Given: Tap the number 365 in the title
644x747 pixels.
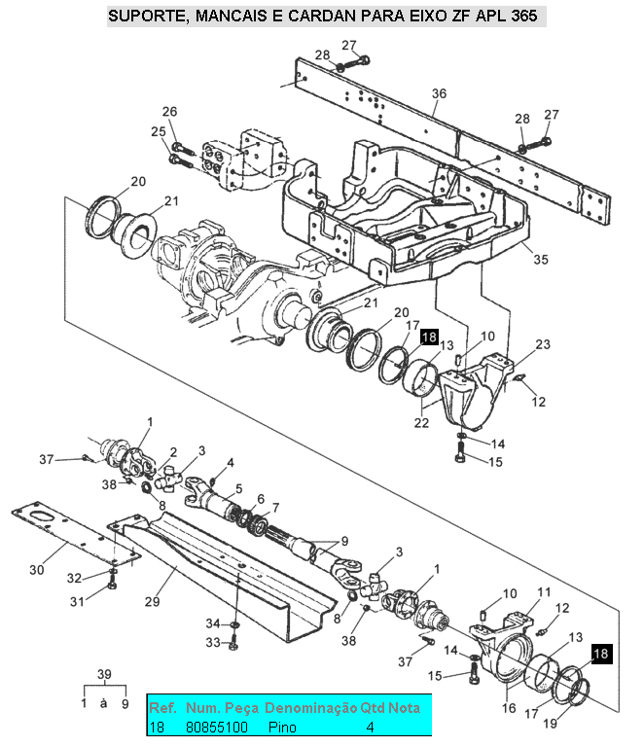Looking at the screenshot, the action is (523, 16).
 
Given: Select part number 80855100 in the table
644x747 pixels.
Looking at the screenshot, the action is (216, 727).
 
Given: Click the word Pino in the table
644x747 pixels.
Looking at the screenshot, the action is (282, 727).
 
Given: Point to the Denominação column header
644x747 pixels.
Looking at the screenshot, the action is (310, 708).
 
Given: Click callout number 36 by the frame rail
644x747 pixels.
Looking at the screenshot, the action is (439, 93).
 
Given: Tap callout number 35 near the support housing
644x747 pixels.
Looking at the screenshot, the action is (541, 260).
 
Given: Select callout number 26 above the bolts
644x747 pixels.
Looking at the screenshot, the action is (169, 112).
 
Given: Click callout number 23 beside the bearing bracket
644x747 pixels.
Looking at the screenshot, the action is (543, 344).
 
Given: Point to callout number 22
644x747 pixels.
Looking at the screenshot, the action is (421, 422).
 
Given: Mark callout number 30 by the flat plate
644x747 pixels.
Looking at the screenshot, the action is (37, 570).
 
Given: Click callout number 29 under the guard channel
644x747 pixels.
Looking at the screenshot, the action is (153, 602).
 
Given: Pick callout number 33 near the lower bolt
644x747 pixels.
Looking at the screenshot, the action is (213, 643).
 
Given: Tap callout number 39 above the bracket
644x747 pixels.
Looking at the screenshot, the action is (104, 674).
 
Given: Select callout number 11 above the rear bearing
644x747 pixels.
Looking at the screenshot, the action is (544, 592).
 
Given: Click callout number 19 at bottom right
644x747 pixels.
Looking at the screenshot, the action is (551, 724).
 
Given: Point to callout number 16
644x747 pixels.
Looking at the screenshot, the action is (509, 708).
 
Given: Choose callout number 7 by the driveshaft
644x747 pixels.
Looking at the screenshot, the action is (275, 508).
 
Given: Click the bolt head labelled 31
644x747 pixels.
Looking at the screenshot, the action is (112, 585).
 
